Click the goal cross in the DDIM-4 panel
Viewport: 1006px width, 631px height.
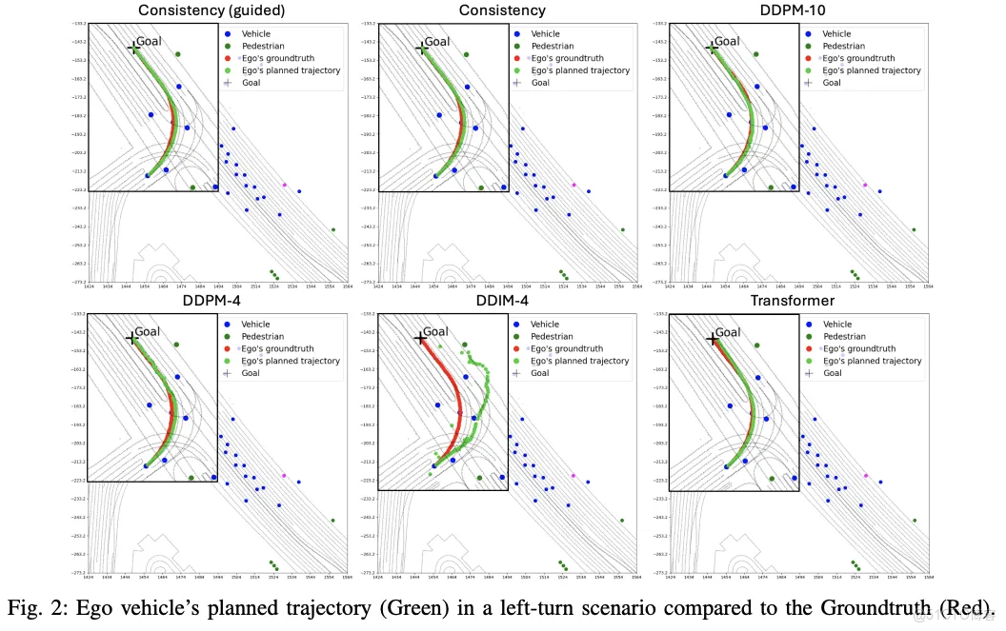(420, 338)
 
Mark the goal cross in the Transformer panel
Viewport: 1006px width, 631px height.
(713, 338)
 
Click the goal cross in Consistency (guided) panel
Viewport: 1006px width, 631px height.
(133, 47)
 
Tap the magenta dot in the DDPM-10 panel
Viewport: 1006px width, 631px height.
(865, 185)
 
